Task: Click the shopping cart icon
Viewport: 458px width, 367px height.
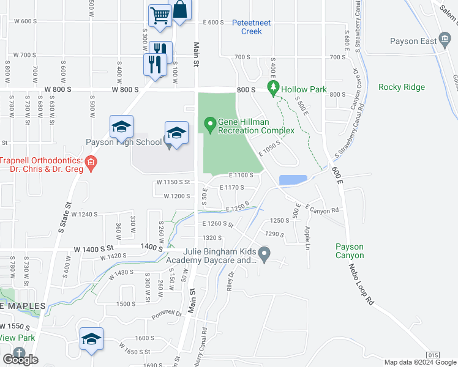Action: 160,15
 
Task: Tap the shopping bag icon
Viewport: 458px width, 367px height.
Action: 181,10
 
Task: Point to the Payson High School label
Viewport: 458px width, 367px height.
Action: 123,143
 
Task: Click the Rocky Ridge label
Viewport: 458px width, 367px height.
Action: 401,87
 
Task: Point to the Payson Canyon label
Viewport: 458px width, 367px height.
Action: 350,251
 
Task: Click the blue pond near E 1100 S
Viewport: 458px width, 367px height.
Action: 293,180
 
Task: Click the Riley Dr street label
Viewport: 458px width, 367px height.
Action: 231,284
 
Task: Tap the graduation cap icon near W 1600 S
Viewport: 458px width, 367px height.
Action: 91,339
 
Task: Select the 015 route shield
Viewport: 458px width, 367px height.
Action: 433,355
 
